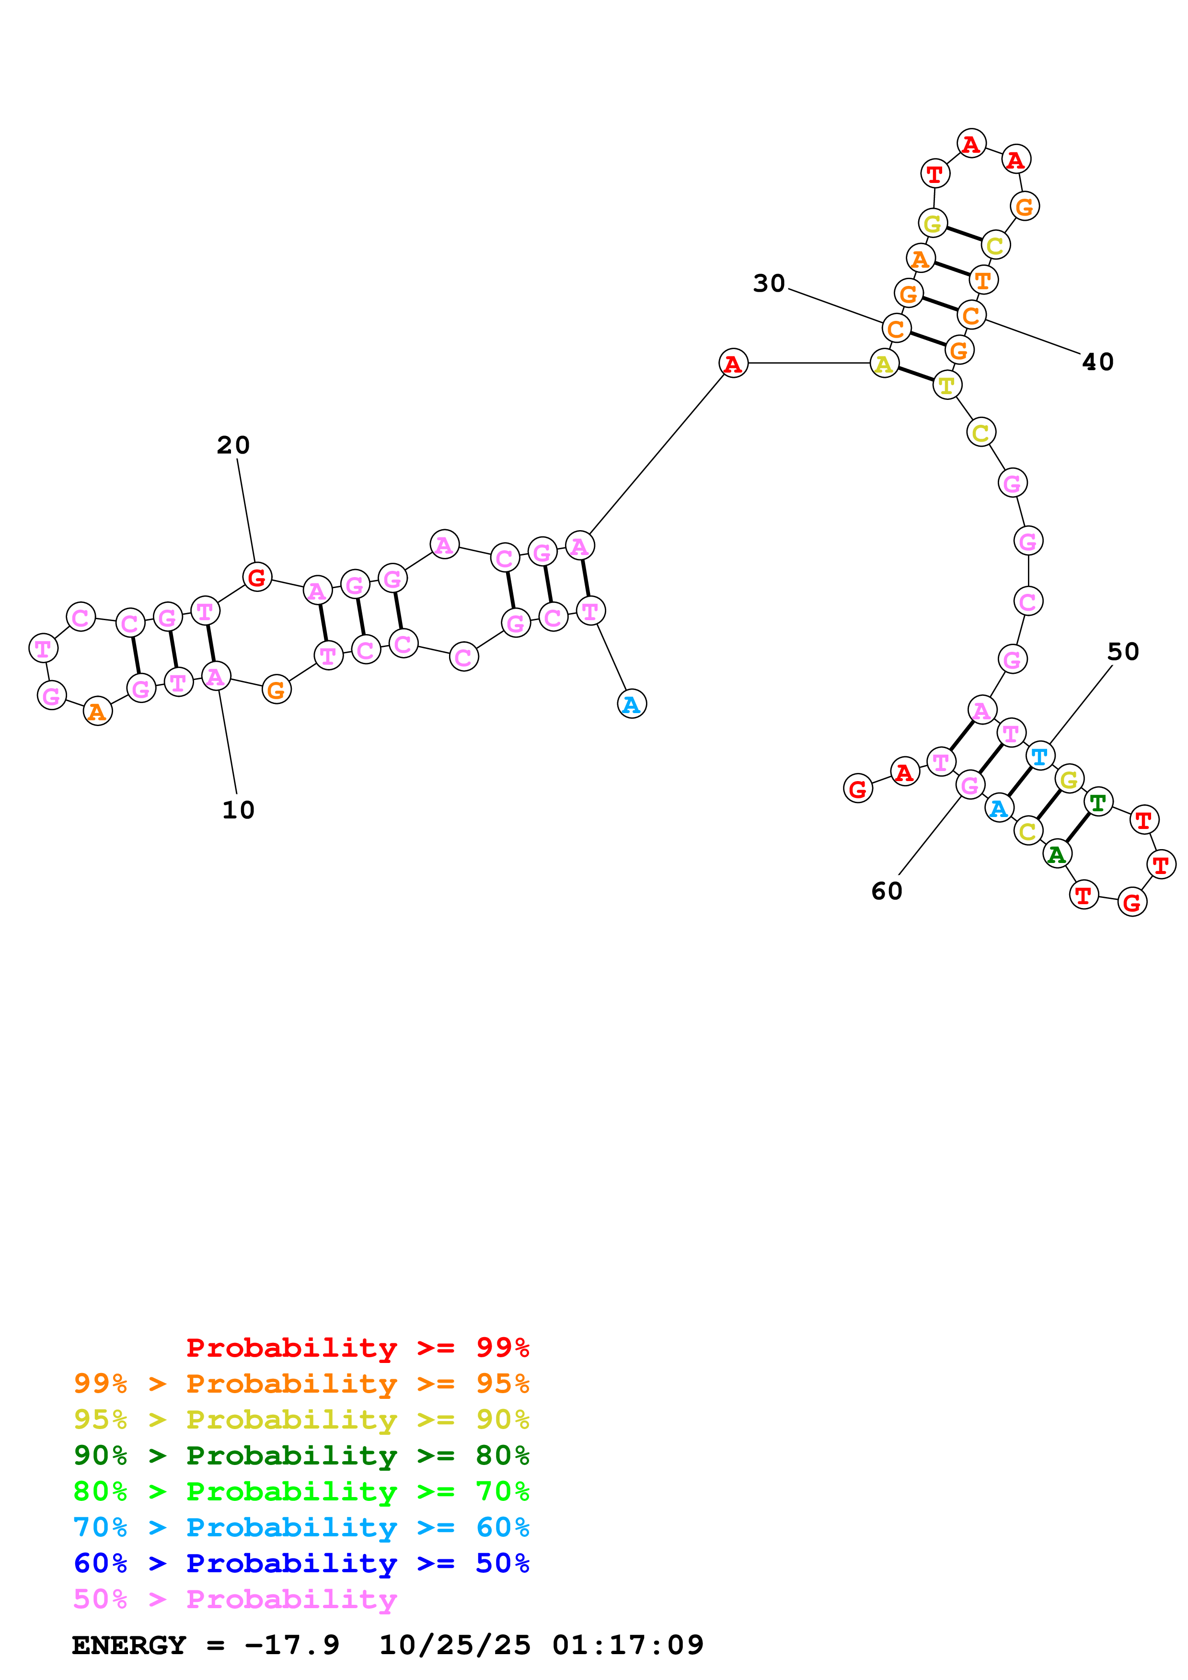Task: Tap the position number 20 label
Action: click(233, 445)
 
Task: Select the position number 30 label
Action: click(769, 283)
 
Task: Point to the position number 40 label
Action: click(1097, 362)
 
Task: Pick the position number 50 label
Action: click(1122, 651)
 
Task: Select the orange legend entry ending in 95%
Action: click(301, 1383)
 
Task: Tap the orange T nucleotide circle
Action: click(983, 280)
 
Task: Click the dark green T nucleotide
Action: click(1097, 802)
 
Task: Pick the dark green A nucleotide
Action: click(1056, 854)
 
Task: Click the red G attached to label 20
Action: click(256, 577)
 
